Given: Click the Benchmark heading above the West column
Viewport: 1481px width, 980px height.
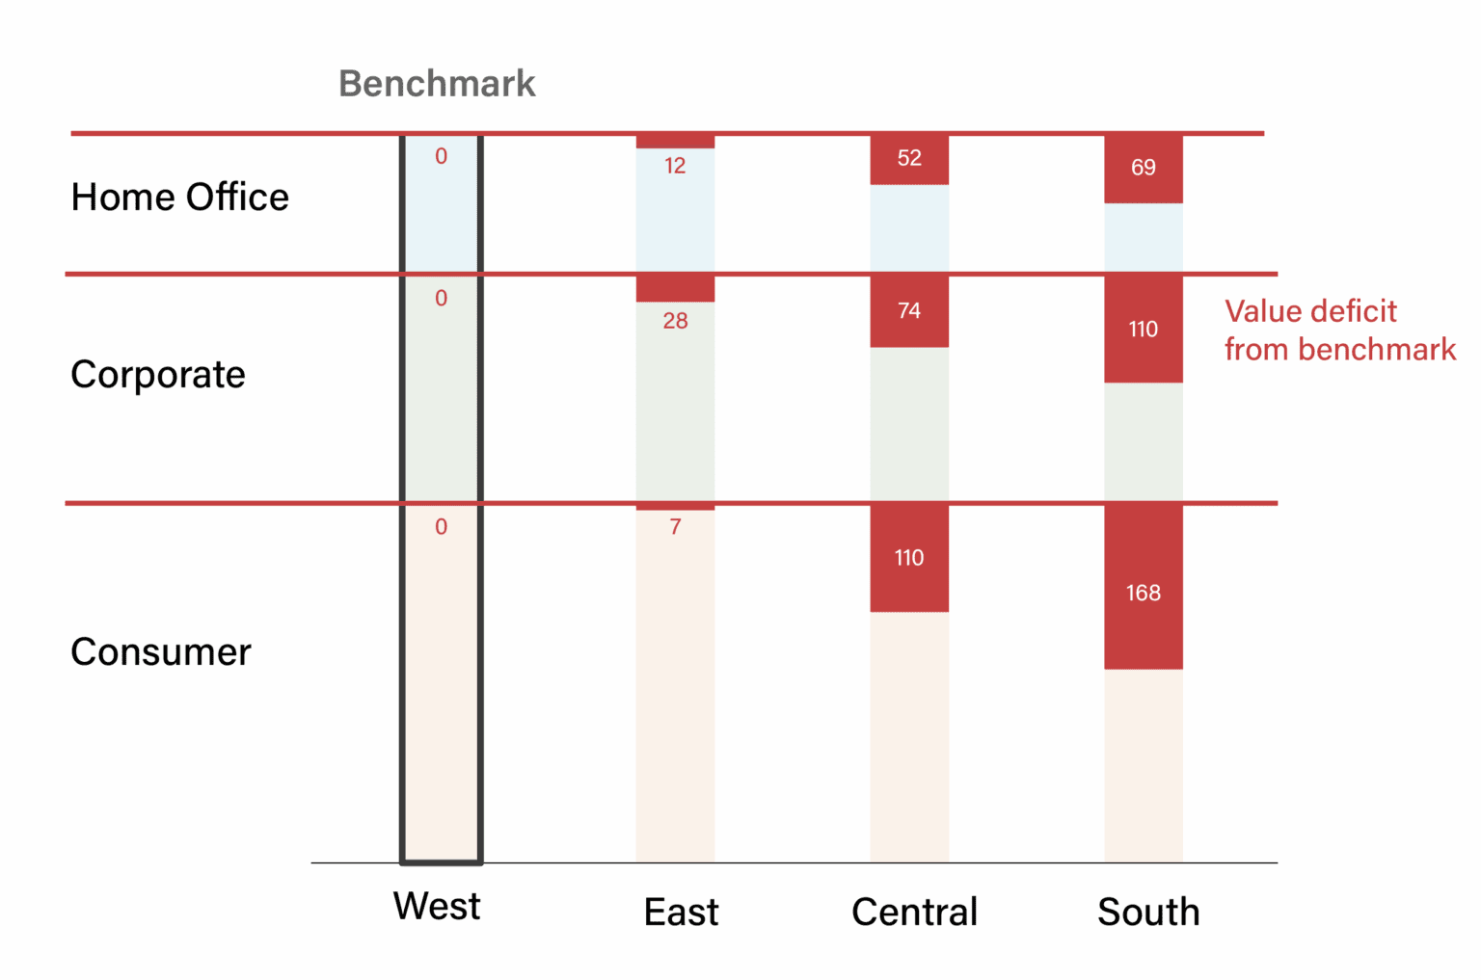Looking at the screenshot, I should [437, 84].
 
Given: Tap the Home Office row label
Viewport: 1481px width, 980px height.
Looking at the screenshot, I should [179, 198].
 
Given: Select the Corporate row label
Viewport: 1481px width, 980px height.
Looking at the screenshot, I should [158, 375].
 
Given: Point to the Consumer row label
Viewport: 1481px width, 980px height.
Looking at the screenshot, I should [161, 652].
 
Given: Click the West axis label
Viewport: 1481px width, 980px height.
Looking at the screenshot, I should [437, 907].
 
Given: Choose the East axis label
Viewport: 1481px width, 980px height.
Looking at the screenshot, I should [681, 913].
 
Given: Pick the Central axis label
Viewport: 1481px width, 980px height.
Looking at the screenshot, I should [914, 913].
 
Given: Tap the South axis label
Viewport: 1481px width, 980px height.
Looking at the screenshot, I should [1148, 913].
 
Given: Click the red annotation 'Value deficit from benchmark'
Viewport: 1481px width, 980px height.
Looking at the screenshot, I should [1339, 331].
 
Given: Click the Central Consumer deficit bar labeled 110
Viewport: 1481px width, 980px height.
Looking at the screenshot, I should [909, 558].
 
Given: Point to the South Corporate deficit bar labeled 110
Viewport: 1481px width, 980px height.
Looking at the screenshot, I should [1144, 330].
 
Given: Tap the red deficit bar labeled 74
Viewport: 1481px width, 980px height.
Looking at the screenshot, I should [909, 311].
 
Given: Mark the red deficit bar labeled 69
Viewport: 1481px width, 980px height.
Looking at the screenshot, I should [1144, 169].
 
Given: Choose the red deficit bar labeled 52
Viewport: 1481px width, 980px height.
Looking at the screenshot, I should [909, 159].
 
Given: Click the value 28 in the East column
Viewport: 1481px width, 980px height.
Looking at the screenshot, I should [675, 321].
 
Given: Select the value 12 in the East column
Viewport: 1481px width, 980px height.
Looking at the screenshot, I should [675, 166].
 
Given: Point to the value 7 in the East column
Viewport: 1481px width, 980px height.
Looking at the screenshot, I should [675, 527].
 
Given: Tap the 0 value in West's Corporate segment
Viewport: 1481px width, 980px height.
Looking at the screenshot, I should [441, 299].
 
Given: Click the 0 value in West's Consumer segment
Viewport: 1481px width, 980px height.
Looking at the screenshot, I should [441, 527].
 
